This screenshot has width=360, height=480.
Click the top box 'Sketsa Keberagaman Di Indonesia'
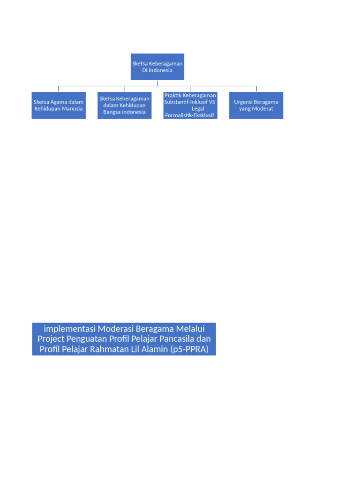[157, 67]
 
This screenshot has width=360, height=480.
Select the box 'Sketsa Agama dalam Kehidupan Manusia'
[59, 105]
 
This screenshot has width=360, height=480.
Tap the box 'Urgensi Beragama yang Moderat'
[256, 105]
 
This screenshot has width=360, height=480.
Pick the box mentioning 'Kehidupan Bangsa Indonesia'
[124, 105]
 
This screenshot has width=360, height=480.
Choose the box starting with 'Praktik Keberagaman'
[190, 105]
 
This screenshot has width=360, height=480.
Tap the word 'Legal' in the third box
[198, 108]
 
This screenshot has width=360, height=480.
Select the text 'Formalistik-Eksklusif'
[189, 115]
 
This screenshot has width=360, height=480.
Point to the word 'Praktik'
[172, 95]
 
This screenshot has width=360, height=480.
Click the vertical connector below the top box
[157, 83]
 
